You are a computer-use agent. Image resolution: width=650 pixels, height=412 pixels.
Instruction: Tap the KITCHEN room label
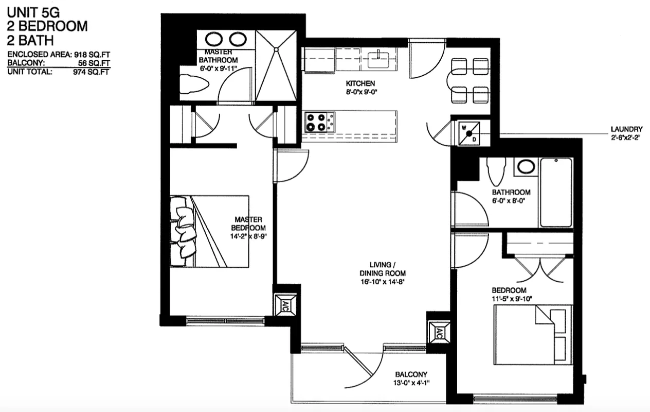[360, 83]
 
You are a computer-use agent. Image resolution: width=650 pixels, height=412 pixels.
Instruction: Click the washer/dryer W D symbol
[469, 133]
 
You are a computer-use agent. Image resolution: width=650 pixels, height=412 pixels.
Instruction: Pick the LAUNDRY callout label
[626, 129]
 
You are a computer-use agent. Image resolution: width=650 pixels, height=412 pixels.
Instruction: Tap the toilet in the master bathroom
[194, 85]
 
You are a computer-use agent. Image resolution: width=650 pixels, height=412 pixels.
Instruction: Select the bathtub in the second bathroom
[556, 192]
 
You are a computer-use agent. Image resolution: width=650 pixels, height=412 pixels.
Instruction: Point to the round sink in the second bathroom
[525, 166]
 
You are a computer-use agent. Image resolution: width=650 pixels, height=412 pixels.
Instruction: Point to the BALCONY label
[411, 374]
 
